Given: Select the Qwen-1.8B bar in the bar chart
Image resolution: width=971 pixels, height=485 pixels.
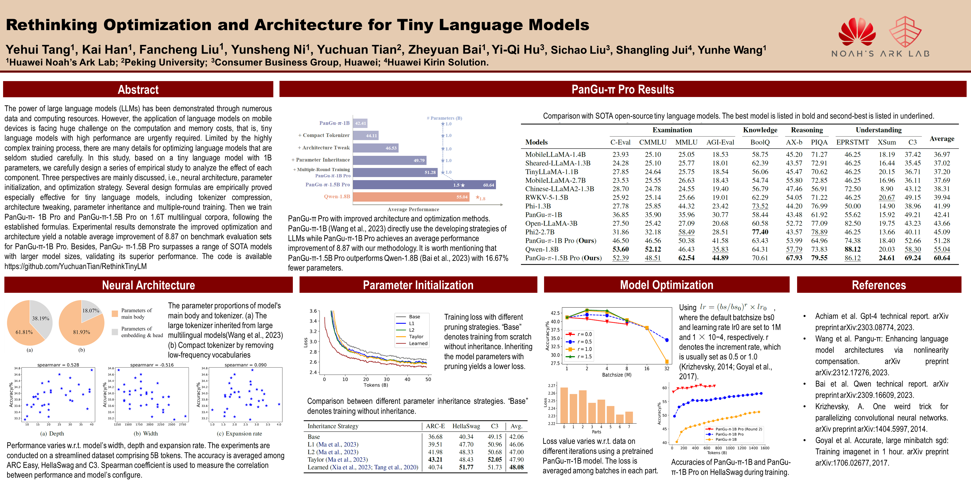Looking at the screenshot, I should click(411, 197).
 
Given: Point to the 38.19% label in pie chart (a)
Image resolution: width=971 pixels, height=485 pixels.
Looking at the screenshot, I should click(40, 318).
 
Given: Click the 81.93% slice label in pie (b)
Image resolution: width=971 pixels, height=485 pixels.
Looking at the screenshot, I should click(81, 332).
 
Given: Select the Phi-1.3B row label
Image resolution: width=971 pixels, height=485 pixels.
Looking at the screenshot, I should click(538, 206).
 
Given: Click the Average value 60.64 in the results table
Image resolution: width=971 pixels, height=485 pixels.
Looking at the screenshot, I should click(942, 258).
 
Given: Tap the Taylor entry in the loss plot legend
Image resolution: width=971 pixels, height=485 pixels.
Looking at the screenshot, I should click(416, 337).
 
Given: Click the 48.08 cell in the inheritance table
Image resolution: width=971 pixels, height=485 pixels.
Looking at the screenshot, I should click(516, 467).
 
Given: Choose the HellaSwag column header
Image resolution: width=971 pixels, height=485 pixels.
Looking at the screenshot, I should click(466, 426).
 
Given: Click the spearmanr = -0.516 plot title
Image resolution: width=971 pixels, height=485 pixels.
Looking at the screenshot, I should click(152, 365).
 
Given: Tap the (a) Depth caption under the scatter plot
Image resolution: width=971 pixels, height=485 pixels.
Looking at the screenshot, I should click(52, 433).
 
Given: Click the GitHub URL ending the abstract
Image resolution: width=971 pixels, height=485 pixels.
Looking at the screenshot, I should click(75, 266).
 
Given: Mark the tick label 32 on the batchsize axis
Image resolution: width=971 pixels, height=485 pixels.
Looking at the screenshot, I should click(666, 369).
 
